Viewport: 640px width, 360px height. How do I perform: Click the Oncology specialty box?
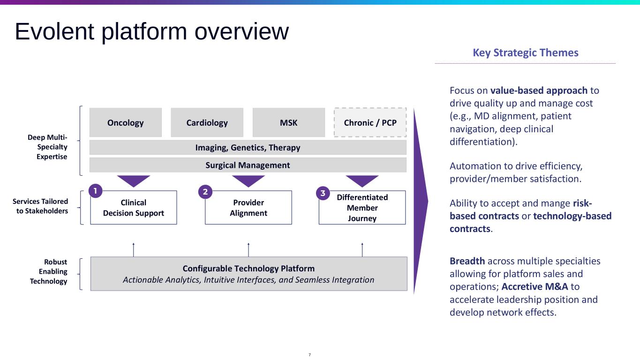click(125, 123)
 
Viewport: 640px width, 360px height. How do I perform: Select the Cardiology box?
click(207, 123)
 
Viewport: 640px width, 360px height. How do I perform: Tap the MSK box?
click(288, 123)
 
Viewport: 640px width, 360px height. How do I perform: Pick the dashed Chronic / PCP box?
click(370, 123)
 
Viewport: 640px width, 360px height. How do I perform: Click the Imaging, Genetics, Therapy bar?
click(248, 148)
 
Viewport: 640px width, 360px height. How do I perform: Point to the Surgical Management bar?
click(248, 165)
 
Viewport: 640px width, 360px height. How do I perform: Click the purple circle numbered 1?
click(95, 191)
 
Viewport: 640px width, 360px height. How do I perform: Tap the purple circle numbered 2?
click(205, 192)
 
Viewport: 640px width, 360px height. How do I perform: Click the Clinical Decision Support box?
click(134, 208)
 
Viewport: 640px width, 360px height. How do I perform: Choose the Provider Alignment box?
click(248, 208)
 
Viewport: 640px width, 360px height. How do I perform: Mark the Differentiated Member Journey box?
click(362, 208)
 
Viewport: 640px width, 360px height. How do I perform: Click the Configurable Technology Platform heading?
click(248, 269)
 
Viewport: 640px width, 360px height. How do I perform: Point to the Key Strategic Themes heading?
click(525, 52)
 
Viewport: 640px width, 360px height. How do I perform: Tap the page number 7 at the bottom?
click(309, 355)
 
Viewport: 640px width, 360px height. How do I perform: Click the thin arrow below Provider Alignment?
click(248, 249)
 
